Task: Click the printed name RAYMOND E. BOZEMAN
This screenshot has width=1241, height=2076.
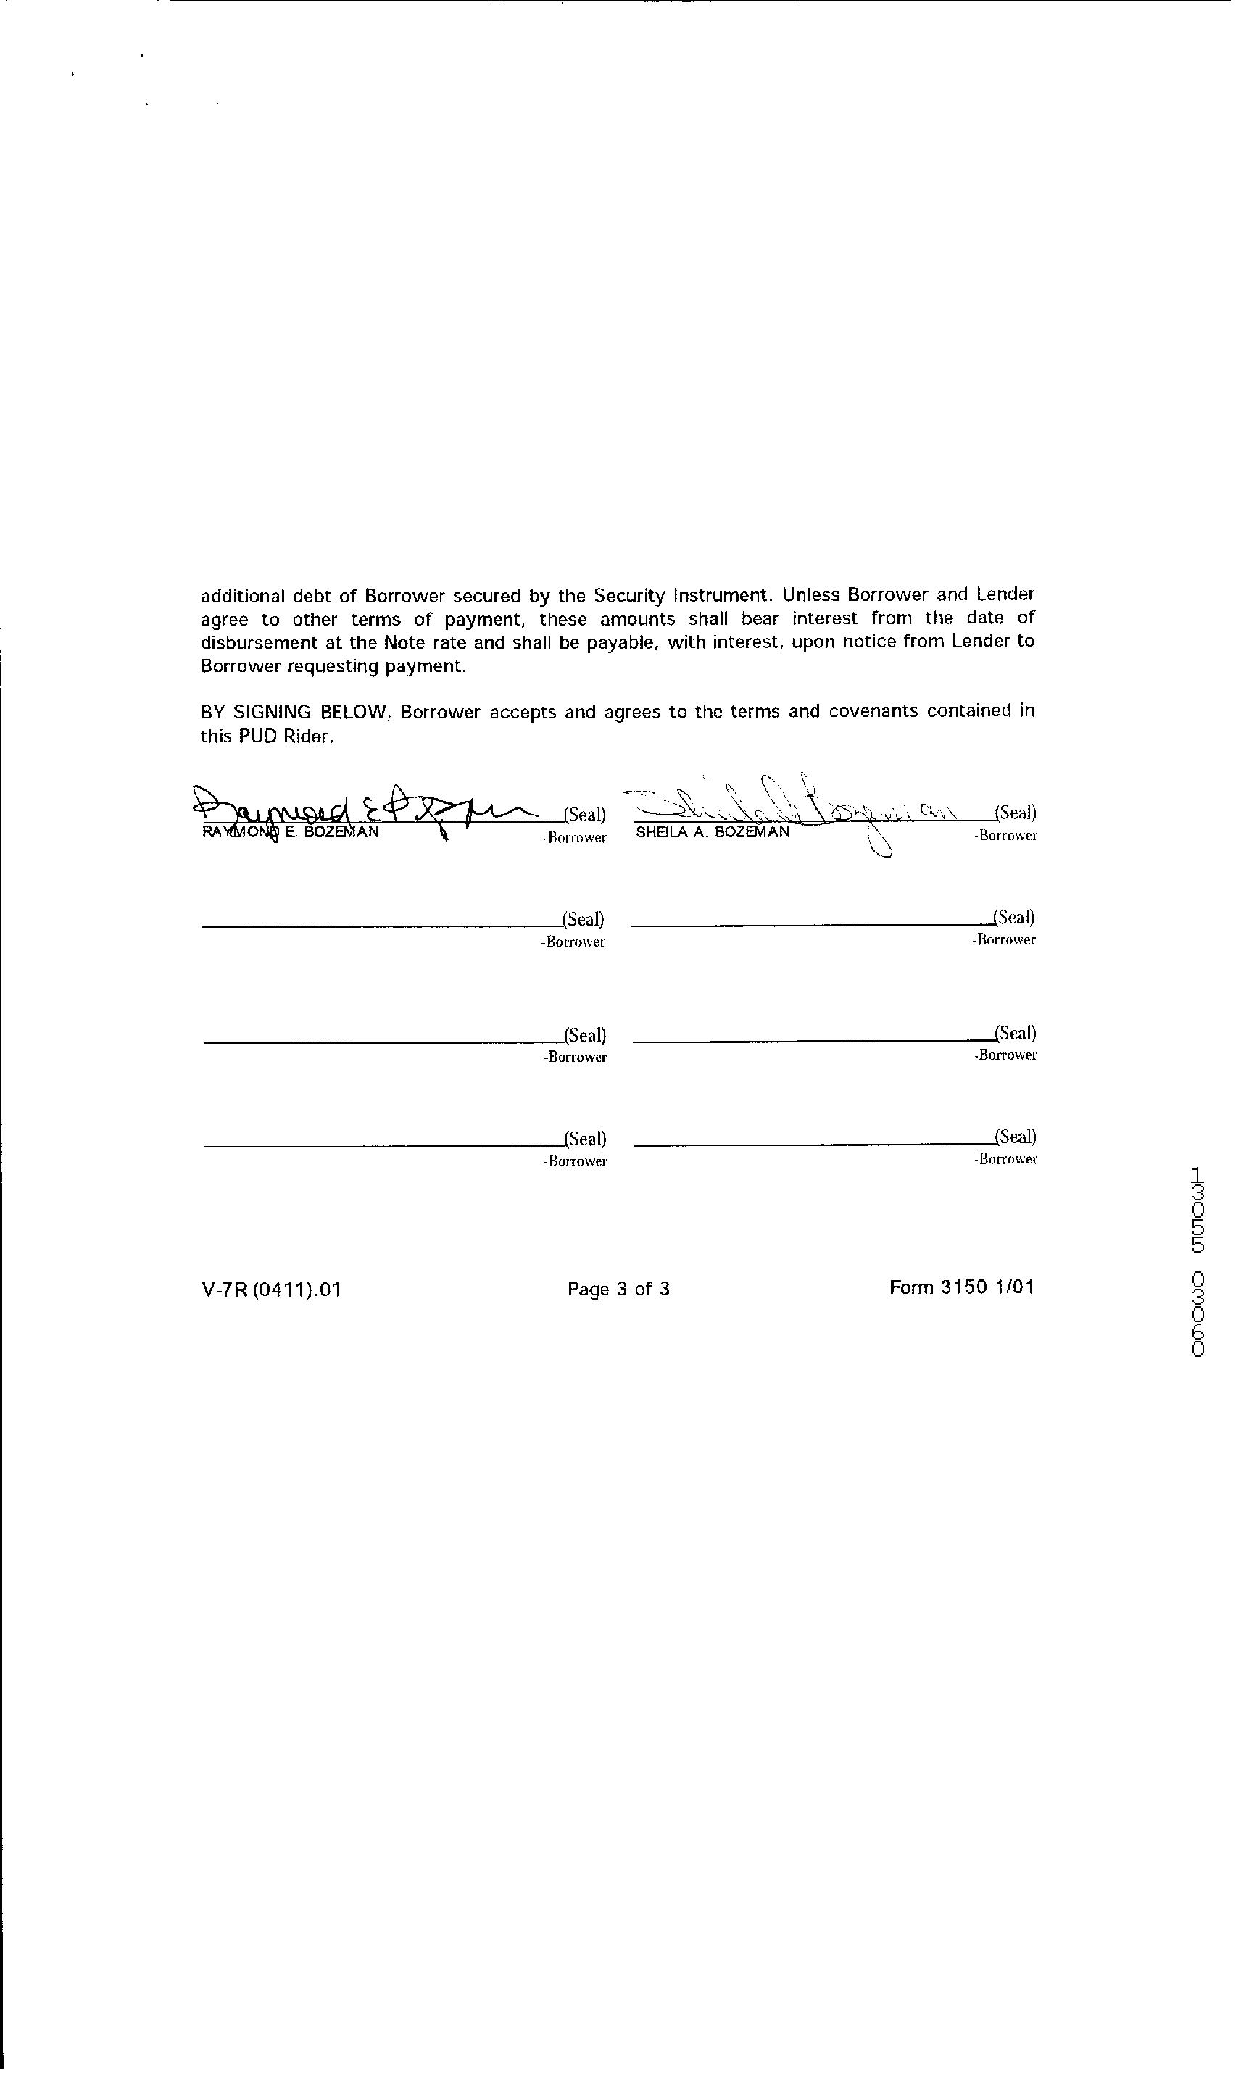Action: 290,833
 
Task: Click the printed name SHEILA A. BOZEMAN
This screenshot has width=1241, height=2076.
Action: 712,833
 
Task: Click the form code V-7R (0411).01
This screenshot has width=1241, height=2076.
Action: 271,1290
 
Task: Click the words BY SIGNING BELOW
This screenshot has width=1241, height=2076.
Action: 294,713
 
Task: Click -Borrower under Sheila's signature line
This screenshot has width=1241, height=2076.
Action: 1005,835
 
